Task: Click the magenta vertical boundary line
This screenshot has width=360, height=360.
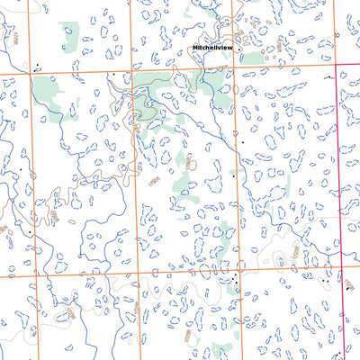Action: pos(341,180)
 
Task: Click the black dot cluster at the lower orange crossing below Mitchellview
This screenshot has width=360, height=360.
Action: pos(237,282)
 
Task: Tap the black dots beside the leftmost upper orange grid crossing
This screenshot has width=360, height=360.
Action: pos(36,67)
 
